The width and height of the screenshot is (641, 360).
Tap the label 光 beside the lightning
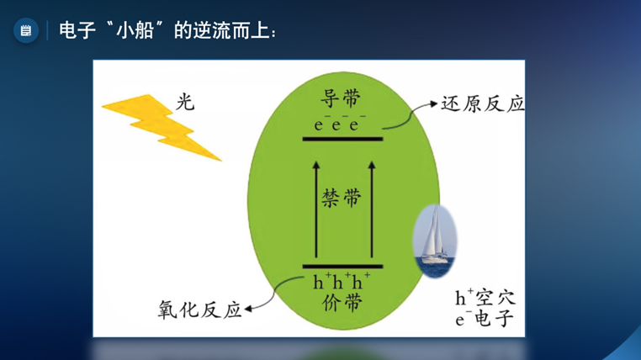(185, 101)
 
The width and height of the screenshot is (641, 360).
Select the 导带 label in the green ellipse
(341, 99)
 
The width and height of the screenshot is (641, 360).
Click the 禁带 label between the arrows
(342, 199)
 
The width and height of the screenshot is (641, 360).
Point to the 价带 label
(342, 303)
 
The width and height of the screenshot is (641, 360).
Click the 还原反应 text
(482, 104)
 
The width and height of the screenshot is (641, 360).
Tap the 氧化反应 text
(199, 310)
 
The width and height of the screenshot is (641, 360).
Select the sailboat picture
(435, 241)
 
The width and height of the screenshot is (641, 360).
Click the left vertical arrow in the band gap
(316, 209)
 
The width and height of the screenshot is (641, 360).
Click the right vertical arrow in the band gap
(372, 209)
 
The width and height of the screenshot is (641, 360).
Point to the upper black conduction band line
(342, 139)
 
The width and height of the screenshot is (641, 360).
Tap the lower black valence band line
(342, 267)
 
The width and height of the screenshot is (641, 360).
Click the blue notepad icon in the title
(26, 30)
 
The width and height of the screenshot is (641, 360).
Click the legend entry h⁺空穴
(485, 298)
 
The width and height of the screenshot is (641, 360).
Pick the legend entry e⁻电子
(485, 318)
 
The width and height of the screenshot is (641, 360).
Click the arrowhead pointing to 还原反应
(434, 103)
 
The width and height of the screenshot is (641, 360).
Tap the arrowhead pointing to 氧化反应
(247, 310)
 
